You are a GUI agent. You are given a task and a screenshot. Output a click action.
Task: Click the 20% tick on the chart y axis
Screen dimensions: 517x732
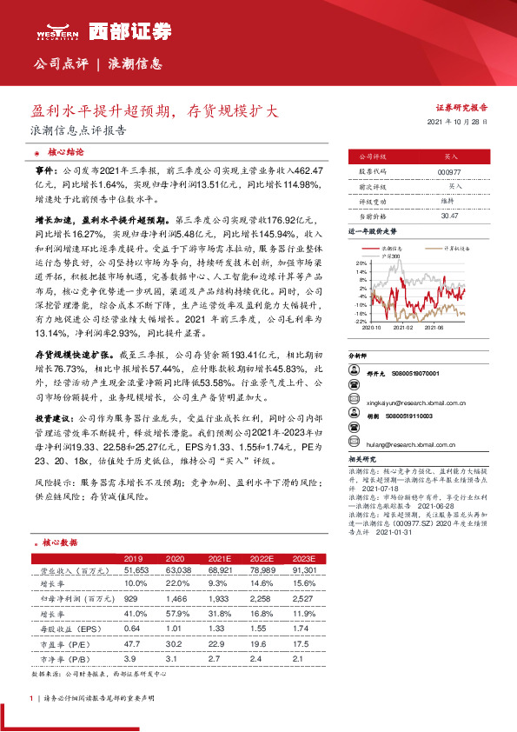click(x=361, y=261)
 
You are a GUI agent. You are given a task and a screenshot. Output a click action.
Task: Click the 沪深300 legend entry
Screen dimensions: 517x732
click(x=392, y=256)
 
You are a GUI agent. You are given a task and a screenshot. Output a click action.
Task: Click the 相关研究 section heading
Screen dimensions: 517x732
click(x=362, y=456)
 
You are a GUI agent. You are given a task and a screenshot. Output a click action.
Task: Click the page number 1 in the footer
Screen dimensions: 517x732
click(x=31, y=698)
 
